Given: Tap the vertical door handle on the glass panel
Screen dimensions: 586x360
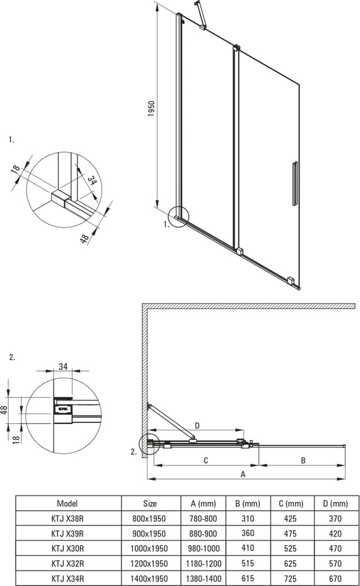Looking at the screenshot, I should click(x=295, y=183).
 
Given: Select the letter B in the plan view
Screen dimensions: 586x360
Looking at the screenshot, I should click(x=303, y=460).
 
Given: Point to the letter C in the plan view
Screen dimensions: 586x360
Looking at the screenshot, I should click(x=205, y=460).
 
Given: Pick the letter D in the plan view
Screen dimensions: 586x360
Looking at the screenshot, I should click(x=197, y=426).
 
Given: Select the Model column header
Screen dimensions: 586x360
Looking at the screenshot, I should click(x=68, y=503).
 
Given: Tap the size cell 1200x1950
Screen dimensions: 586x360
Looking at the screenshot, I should click(x=150, y=563).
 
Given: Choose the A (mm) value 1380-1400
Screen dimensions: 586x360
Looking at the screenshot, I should click(x=203, y=578).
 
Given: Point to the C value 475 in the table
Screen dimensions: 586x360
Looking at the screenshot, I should click(x=294, y=533).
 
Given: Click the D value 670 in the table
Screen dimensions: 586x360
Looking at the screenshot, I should click(x=335, y=578).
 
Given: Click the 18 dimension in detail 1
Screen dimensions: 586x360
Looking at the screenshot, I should click(x=16, y=169).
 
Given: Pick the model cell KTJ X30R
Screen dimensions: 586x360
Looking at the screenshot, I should click(x=68, y=548).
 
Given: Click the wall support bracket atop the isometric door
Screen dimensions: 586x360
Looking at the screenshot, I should click(x=200, y=15).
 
